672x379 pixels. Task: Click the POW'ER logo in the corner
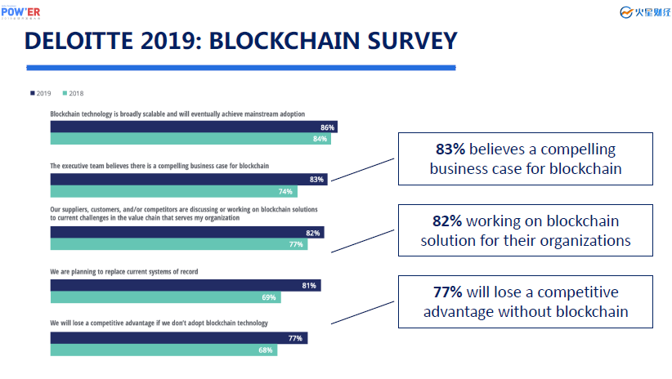coord(20,12)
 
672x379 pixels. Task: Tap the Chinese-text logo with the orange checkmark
coord(645,12)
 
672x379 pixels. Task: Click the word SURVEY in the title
coord(412,41)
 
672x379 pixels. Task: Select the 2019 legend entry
coord(41,93)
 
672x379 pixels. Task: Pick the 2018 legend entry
coord(74,93)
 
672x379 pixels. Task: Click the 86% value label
coord(328,127)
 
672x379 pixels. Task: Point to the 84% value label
coord(320,139)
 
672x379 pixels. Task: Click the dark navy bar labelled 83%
coord(189,180)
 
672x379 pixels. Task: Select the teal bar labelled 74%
coord(173,191)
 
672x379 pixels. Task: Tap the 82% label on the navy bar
coord(313,233)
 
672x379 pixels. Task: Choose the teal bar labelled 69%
coord(165,297)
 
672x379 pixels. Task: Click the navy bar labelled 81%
coord(186,285)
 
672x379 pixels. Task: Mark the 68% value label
coord(266,350)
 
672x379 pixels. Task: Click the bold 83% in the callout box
coord(450,149)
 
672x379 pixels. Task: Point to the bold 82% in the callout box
coord(447,221)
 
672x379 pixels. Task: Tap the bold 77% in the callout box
coord(447,292)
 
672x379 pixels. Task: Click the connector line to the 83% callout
coord(363,170)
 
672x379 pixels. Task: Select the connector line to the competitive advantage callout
coord(363,313)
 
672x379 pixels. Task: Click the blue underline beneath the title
coord(241,68)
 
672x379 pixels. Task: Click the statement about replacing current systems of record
coord(124,271)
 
